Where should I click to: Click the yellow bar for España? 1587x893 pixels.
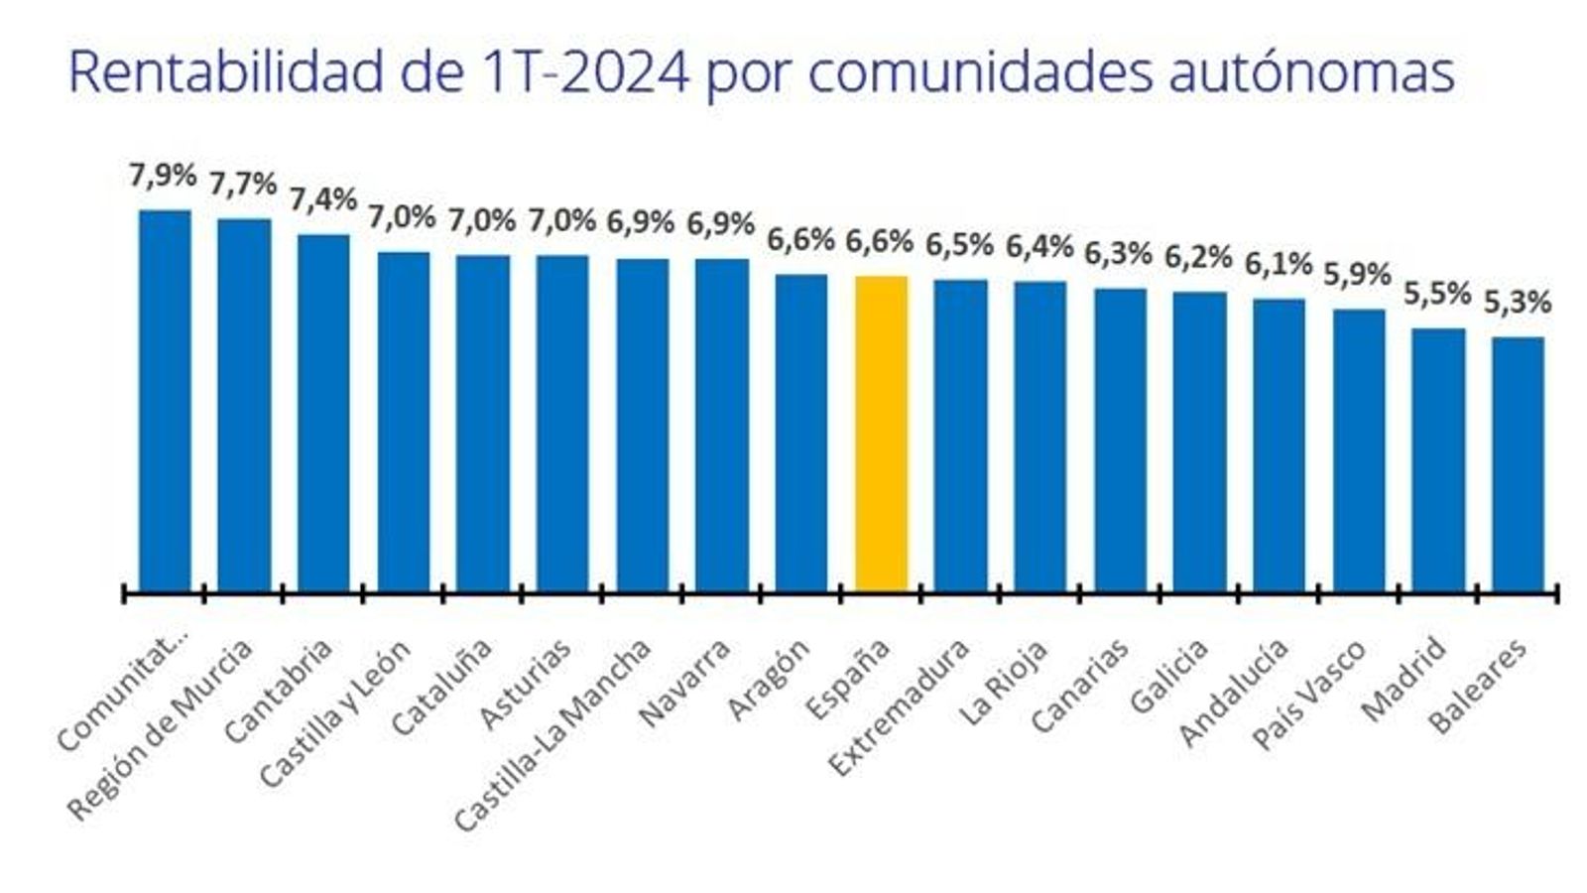881,434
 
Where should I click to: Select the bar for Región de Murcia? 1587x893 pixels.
244,405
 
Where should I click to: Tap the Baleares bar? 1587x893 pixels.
1518,464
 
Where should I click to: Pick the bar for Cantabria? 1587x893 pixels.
323,413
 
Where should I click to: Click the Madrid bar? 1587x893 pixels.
1438,459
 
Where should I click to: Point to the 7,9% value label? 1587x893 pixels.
163,176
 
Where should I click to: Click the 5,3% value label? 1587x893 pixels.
1518,303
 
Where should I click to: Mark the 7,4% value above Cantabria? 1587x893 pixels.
323,199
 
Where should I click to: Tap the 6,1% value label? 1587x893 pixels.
1279,265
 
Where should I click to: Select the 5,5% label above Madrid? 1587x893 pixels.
1437,294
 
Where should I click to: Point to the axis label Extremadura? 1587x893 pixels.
899,707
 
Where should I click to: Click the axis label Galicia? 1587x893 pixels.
1169,677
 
